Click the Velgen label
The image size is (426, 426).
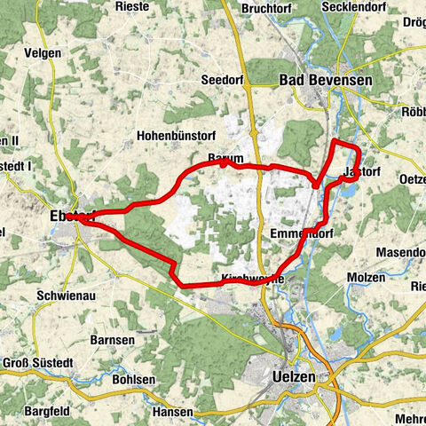point(43,53)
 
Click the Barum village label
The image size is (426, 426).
point(225,158)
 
